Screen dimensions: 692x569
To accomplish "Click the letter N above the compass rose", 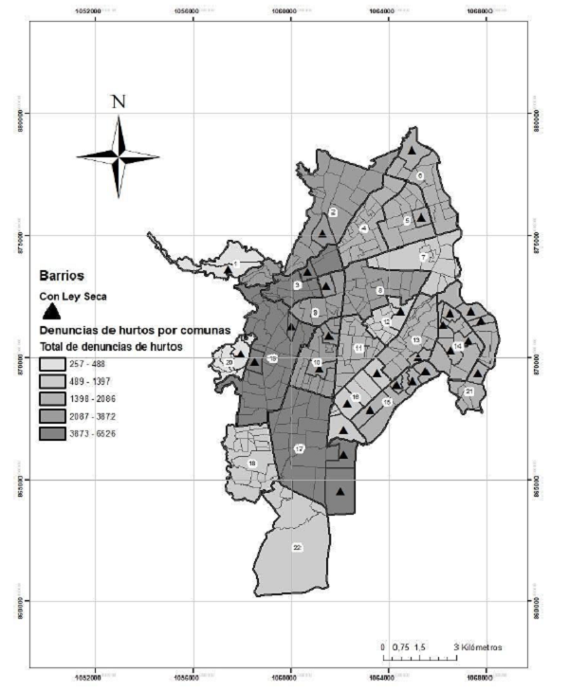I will pyautogui.click(x=118, y=102).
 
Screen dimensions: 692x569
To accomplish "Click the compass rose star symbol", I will pyautogui.click(x=118, y=156).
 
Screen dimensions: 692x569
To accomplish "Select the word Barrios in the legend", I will pyautogui.click(x=62, y=277).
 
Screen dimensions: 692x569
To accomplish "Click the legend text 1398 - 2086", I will pyautogui.click(x=92, y=399).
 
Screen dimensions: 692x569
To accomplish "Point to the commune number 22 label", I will pyautogui.click(x=297, y=548).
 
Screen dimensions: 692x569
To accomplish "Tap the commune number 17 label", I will pyautogui.click(x=299, y=448).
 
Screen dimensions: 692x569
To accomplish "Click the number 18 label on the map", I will pyautogui.click(x=252, y=463).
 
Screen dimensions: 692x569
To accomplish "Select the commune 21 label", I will pyautogui.click(x=468, y=391).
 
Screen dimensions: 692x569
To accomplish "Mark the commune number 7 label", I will pyautogui.click(x=425, y=257).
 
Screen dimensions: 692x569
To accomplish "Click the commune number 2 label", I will pyautogui.click(x=333, y=212).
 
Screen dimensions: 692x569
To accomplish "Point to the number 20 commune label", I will pyautogui.click(x=229, y=361).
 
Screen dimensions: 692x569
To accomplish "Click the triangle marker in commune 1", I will pyautogui.click(x=228, y=269).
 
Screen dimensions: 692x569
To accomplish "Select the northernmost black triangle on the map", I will pyautogui.click(x=412, y=149).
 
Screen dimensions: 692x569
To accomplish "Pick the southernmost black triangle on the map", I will pyautogui.click(x=340, y=490).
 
